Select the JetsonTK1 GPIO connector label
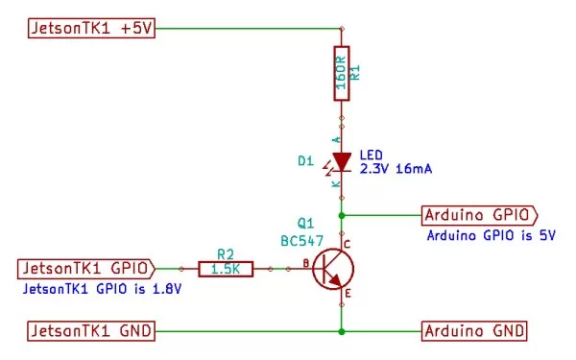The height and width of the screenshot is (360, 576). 91,268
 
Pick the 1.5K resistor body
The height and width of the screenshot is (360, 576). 226,269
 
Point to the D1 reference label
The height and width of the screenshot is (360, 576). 304,161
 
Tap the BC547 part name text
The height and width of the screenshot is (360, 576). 301,238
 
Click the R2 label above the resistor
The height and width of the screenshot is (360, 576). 226,254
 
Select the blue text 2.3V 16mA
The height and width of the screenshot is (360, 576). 395,169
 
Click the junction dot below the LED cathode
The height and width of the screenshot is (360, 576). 342,214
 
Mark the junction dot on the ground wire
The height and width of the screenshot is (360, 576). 342,331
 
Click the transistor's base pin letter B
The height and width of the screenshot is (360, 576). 305,262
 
